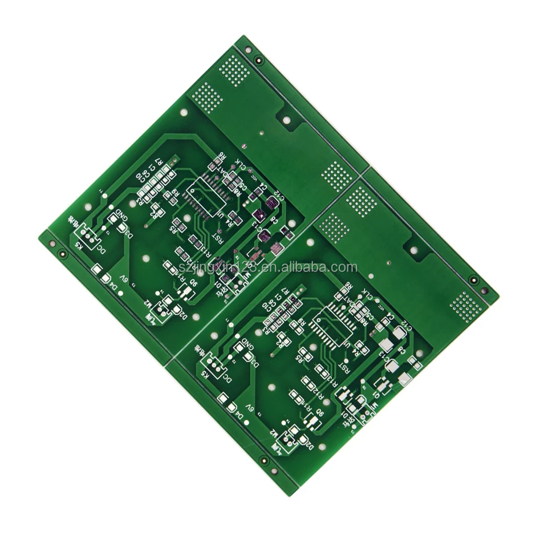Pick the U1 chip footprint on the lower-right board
334,326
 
